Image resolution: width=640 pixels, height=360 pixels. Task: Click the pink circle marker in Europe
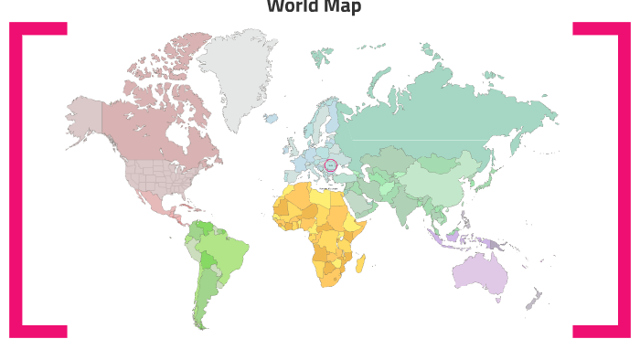[331, 165]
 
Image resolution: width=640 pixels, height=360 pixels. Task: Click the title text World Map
[314, 7]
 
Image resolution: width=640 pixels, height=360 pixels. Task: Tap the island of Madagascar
[360, 263]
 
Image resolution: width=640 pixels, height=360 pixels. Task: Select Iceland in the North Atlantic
[271, 118]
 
